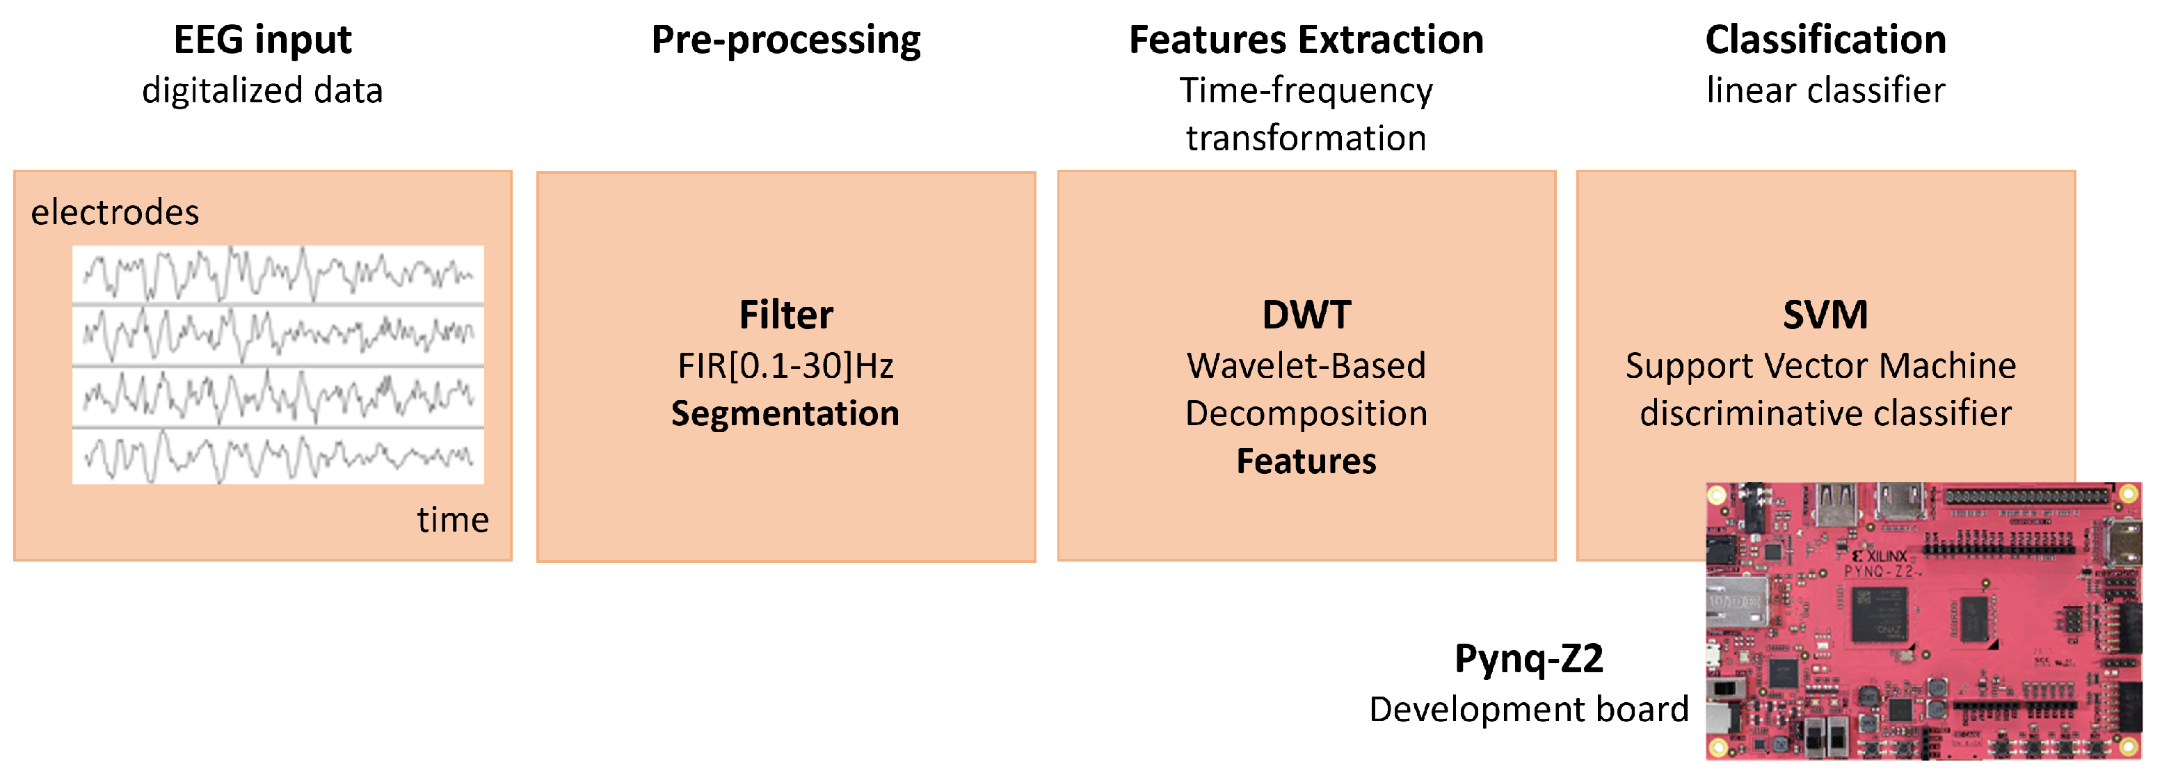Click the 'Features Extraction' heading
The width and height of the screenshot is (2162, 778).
tap(1306, 40)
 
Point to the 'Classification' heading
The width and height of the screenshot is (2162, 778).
tap(1825, 40)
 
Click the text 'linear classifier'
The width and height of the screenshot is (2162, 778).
tap(1825, 90)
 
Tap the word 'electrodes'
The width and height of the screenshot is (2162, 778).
tap(115, 212)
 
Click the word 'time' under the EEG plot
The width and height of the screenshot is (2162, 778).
tap(452, 520)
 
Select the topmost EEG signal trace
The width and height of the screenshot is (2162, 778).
tap(278, 274)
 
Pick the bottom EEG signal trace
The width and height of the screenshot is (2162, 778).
tap(278, 457)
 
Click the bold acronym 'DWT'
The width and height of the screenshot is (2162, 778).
tap(1306, 315)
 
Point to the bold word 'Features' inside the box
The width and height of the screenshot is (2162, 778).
tap(1306, 461)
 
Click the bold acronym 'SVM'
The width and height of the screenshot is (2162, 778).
tap(1825, 315)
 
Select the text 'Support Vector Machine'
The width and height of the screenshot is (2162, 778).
tap(1820, 366)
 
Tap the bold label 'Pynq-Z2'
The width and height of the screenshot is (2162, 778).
tap(1528, 658)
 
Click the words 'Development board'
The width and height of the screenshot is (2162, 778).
tap(1528, 709)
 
